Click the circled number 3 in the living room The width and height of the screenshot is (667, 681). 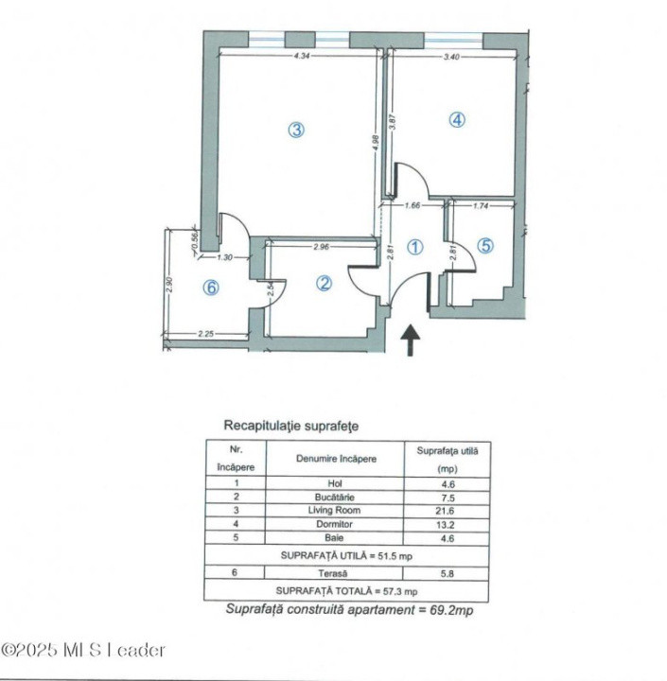point(296,131)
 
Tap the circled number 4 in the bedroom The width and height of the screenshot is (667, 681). point(457,120)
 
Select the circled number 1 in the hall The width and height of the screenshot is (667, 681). point(414,247)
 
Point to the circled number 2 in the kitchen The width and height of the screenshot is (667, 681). point(324,283)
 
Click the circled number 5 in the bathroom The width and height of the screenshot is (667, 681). point(484,246)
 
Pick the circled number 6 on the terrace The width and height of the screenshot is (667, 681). point(211,289)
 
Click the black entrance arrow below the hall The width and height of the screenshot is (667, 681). point(412,340)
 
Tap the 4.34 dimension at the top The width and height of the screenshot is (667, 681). point(302,58)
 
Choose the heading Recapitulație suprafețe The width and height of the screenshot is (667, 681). point(290,427)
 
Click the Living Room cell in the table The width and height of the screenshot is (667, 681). point(335,510)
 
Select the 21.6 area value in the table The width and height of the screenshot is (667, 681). point(448,510)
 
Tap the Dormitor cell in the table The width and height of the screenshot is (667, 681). point(335,524)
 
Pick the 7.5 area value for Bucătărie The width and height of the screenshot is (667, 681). point(448,497)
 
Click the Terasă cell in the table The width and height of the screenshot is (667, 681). point(335,573)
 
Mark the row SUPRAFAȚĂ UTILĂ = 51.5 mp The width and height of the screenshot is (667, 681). point(348,555)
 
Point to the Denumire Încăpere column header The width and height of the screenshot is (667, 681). point(335,459)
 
